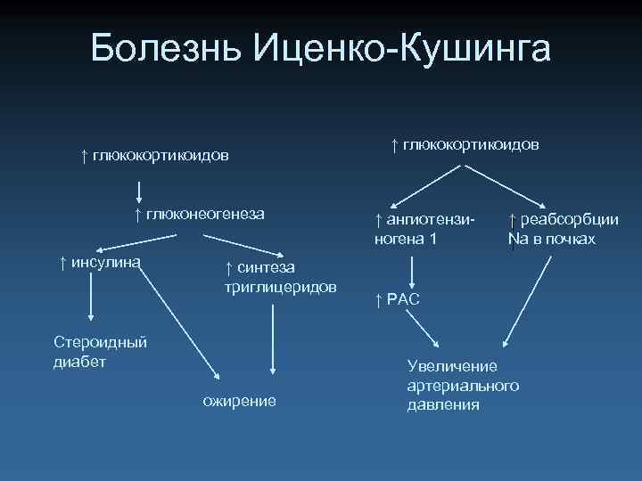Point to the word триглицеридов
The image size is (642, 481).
click(x=279, y=288)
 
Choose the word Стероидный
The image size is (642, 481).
click(x=101, y=342)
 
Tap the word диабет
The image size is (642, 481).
click(x=79, y=362)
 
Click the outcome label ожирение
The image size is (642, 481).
click(x=240, y=401)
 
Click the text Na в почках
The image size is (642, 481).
click(x=552, y=240)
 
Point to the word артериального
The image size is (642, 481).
click(x=463, y=386)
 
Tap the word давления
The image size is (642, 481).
click(x=443, y=404)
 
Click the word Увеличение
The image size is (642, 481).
click(x=452, y=366)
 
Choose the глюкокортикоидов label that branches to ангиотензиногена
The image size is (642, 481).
click(x=470, y=143)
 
